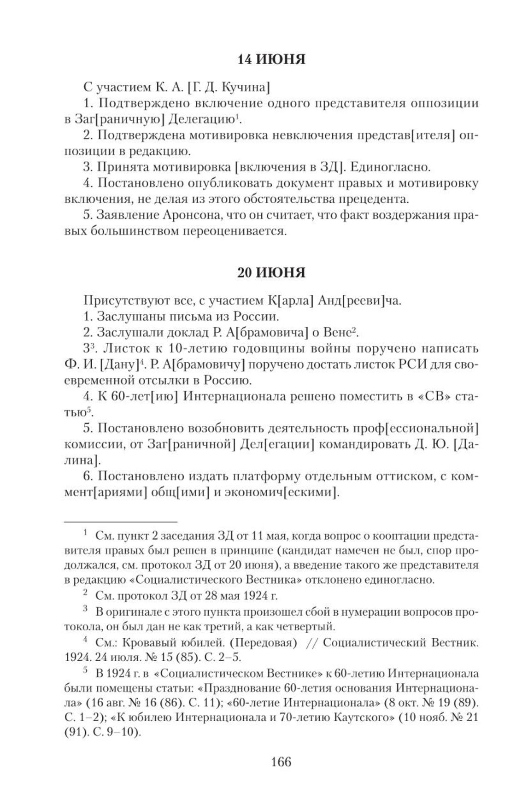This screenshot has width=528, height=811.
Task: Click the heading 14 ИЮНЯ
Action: [x=271, y=59]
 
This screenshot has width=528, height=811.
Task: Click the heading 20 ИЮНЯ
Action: [x=271, y=273]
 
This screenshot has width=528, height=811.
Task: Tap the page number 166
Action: [x=282, y=762]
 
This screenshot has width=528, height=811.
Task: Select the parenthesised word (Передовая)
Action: [x=263, y=642]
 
